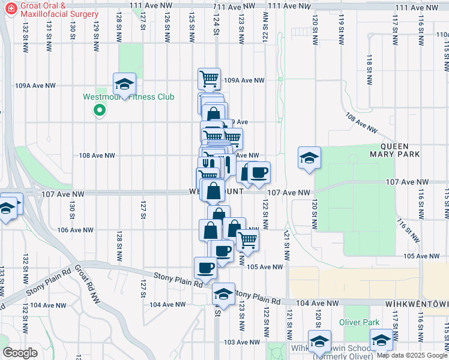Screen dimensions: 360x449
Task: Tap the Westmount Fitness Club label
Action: click(128, 97)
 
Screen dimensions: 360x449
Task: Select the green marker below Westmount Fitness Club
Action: click(100, 110)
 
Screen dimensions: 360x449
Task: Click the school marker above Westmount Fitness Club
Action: click(124, 84)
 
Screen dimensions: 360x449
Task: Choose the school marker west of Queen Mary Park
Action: click(309, 158)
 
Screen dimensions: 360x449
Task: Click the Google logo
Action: click(20, 353)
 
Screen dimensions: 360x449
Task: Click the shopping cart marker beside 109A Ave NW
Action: click(209, 78)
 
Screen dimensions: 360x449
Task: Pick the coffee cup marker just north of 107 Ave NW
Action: click(259, 173)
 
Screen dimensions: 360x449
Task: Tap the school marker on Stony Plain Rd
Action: click(223, 294)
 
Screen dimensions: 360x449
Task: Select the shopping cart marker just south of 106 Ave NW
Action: click(247, 240)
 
